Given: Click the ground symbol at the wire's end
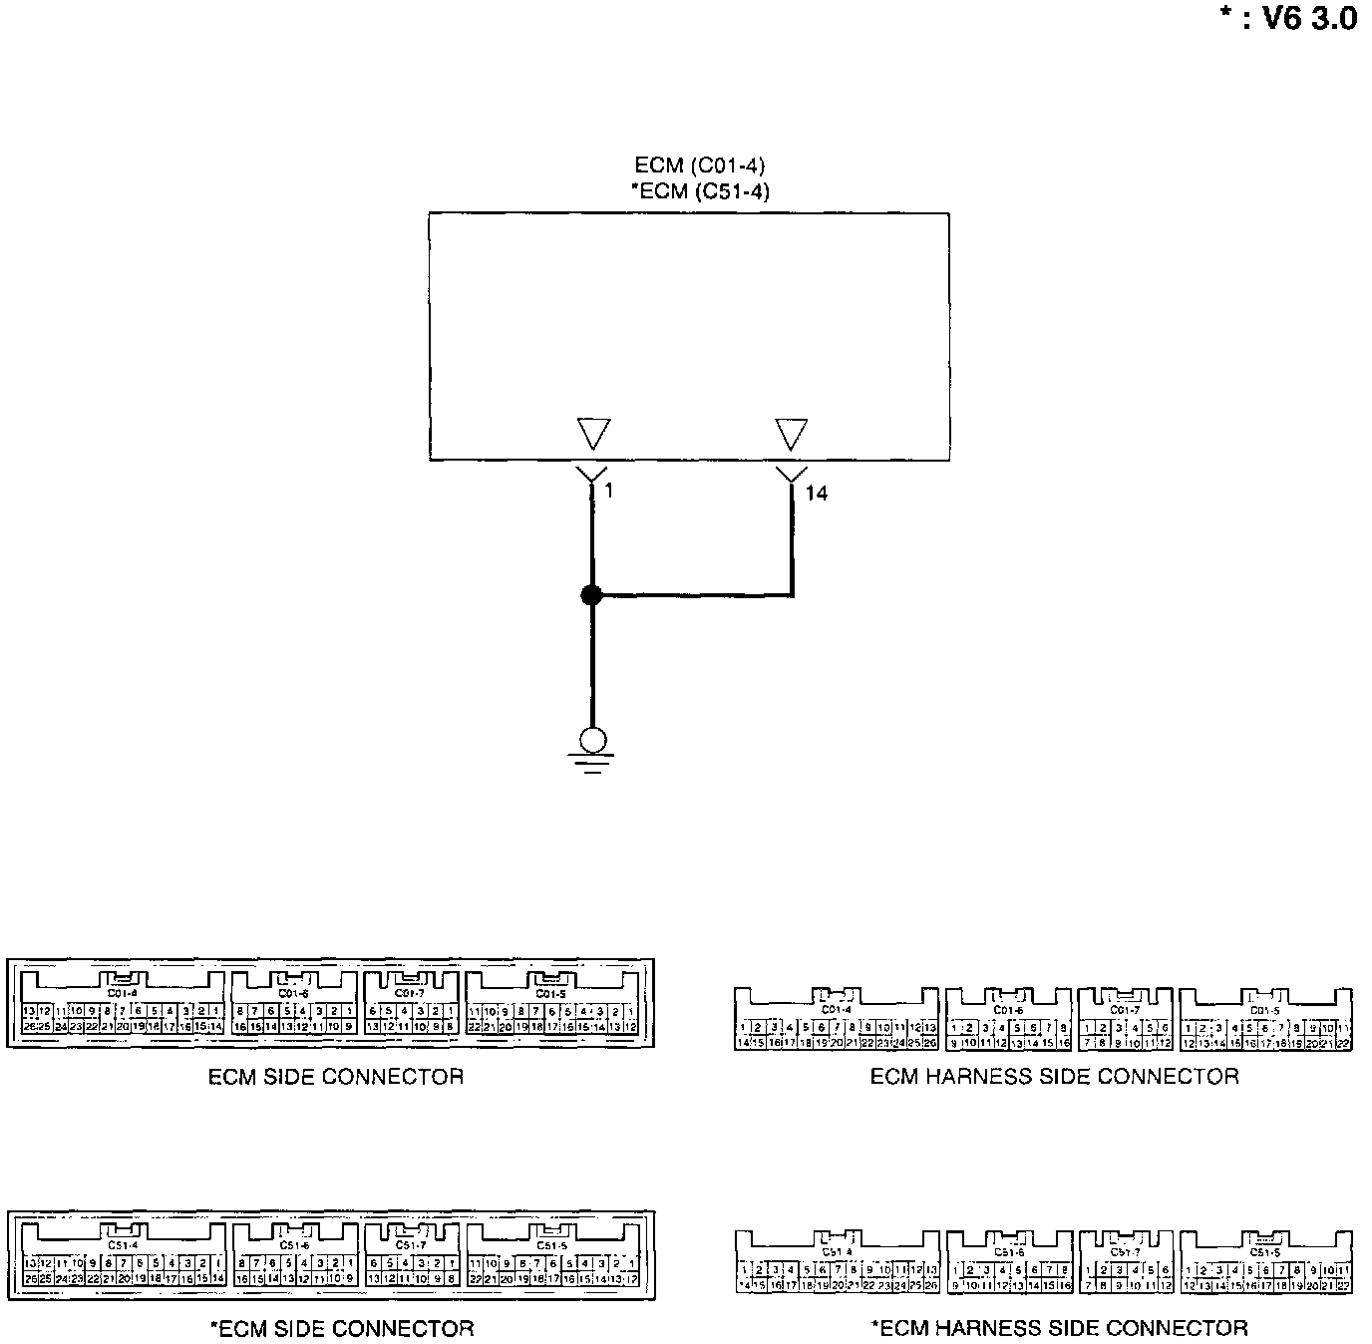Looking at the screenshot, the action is pos(592,748).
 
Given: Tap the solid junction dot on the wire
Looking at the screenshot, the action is pos(591,595).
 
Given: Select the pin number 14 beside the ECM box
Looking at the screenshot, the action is pos(816,493).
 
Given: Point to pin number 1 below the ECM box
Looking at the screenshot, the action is pos(608,490).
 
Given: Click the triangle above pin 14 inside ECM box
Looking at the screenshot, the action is pos(791,434).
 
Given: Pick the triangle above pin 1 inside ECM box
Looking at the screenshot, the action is pos(592,434).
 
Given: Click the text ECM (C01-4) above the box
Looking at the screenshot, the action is pos(700,166).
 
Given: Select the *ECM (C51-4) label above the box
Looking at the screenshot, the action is pos(700,190).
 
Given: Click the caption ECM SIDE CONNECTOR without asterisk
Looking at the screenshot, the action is pos(336,1077).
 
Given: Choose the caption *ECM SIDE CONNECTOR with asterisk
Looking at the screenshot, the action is pos(342,1328).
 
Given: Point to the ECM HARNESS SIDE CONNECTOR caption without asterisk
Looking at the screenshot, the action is pos(1054,1077).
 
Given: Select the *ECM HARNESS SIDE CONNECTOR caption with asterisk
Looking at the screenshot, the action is pos(1059,1328).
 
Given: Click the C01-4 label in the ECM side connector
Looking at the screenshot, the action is pos(122,993).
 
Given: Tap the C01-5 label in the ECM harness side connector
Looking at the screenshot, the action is pos(1264,1010).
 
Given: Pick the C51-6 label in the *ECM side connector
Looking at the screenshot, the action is pos(294,1245).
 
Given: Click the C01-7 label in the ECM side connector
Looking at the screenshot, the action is pos(410,993).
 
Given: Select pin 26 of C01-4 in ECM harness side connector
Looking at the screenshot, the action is pos(930,1043).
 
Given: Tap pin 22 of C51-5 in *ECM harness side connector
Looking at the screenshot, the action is pos(1343,1286).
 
